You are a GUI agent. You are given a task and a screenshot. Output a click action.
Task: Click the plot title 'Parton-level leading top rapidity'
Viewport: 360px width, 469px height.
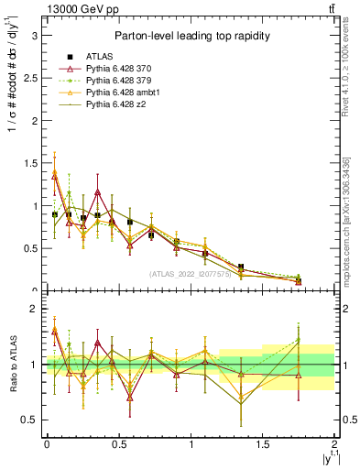[x=191, y=36]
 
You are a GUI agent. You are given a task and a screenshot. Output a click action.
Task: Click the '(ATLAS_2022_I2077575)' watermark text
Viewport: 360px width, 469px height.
[x=191, y=274]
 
